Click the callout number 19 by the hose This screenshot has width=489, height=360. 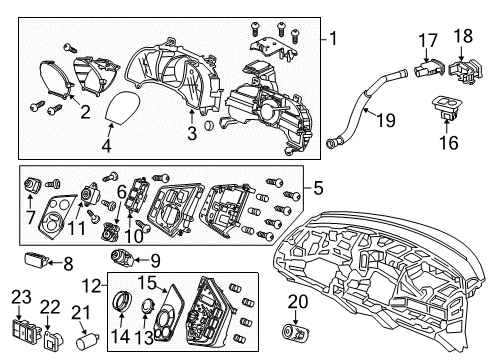click(386, 120)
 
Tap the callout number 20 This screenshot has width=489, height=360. click(298, 302)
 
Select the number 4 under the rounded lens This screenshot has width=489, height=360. click(106, 145)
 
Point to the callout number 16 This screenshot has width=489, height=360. click(449, 142)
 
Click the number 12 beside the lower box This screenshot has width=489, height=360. click(92, 286)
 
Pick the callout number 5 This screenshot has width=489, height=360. click(318, 188)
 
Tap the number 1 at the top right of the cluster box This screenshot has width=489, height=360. click(333, 39)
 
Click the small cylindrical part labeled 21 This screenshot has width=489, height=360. click(87, 341)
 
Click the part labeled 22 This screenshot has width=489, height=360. click(53, 340)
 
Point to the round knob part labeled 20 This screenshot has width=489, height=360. click(296, 330)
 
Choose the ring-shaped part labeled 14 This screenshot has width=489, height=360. click(122, 301)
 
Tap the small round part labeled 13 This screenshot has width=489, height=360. click(147, 305)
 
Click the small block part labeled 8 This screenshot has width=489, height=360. click(37, 260)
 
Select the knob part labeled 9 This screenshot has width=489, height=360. click(123, 257)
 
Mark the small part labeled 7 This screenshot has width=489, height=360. click(32, 184)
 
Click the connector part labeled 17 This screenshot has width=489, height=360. click(429, 68)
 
